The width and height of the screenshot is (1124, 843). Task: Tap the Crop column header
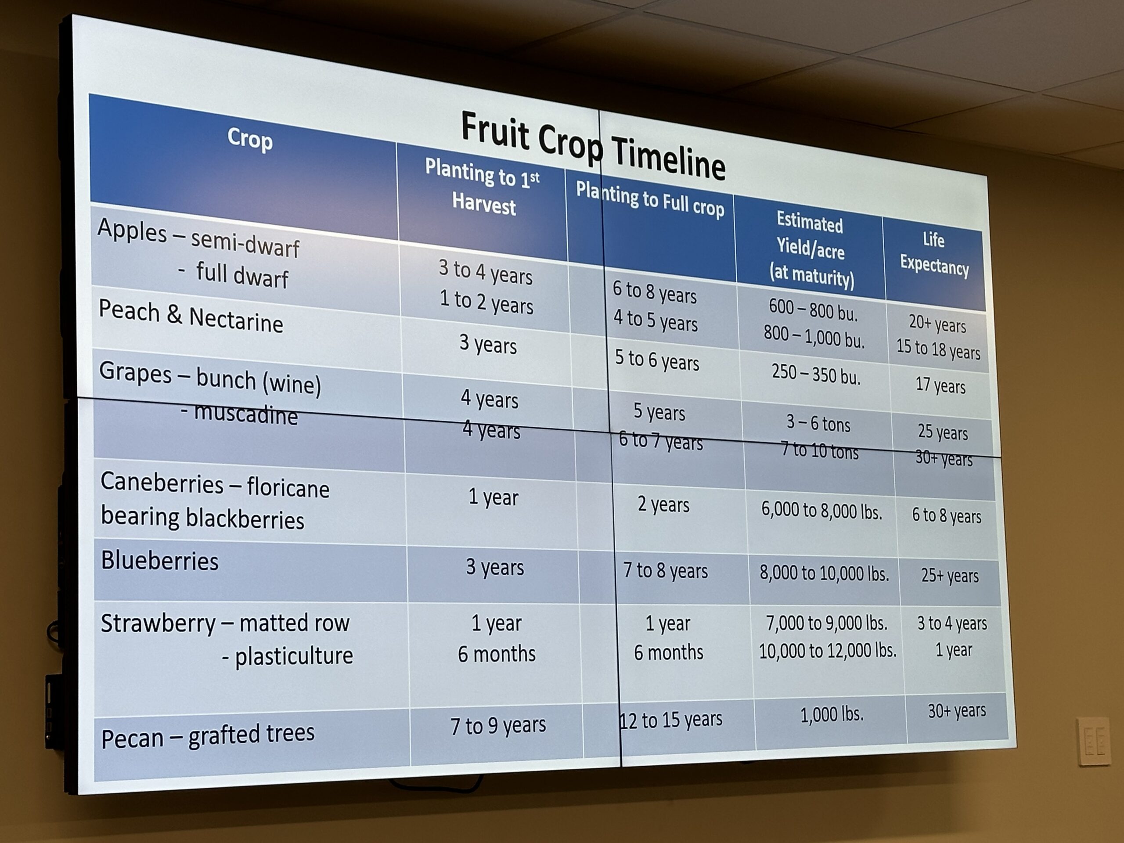click(x=250, y=139)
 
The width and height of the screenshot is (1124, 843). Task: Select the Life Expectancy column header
click(x=934, y=254)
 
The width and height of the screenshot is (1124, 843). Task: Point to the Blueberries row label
click(x=159, y=561)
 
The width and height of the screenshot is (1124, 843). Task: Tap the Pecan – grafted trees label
click(x=208, y=736)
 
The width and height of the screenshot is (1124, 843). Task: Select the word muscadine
click(x=245, y=414)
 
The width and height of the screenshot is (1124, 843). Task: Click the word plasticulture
click(x=294, y=656)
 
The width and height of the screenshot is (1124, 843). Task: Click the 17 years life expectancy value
click(x=940, y=385)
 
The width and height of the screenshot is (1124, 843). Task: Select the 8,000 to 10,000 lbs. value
click(x=824, y=573)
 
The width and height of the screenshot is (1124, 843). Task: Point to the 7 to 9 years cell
click(x=498, y=725)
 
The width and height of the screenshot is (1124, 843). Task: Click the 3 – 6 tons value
click(x=818, y=423)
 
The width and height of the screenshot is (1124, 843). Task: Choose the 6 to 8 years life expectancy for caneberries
click(x=946, y=516)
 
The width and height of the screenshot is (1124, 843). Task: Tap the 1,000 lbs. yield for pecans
click(x=832, y=714)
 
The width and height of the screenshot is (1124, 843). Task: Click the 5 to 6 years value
click(x=657, y=360)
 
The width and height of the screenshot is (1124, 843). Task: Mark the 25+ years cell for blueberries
click(x=950, y=575)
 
